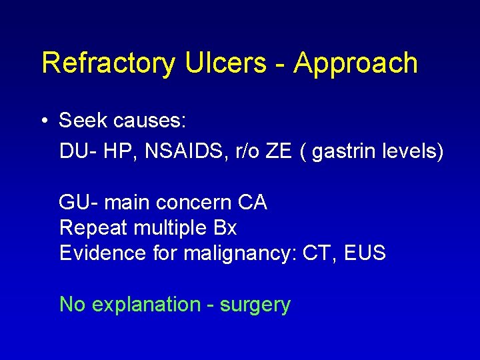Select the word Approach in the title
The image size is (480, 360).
point(356,63)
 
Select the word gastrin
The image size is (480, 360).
point(344,152)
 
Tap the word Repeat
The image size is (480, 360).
point(93,228)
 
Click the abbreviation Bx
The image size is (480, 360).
point(225,228)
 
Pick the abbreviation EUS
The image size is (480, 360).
point(365,253)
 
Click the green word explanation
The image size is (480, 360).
point(145,305)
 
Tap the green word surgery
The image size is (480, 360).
point(255,305)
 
